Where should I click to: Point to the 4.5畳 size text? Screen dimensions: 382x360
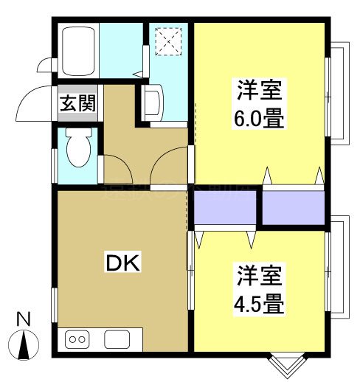pyautogui.click(x=260, y=302)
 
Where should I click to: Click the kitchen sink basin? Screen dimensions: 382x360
pyautogui.click(x=117, y=339)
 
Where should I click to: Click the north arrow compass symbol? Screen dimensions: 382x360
pyautogui.click(x=24, y=344)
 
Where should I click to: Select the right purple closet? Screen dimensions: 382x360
pyautogui.click(x=294, y=208)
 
